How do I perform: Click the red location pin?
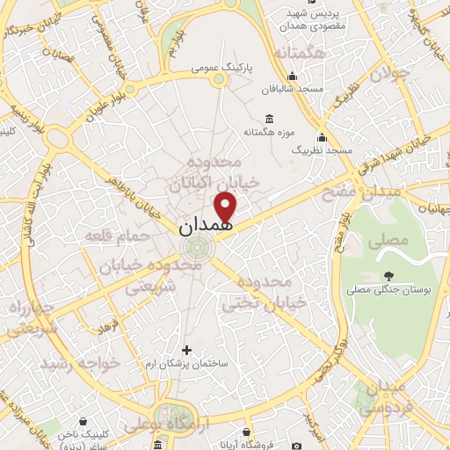(226, 207)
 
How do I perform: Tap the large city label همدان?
(207, 227)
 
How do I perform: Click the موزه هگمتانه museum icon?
(269, 120)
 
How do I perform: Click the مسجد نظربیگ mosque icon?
(323, 137)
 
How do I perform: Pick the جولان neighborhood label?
(389, 76)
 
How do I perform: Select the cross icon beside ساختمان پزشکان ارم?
(185, 349)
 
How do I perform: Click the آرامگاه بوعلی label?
(157, 425)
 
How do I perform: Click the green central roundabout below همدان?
(200, 248)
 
